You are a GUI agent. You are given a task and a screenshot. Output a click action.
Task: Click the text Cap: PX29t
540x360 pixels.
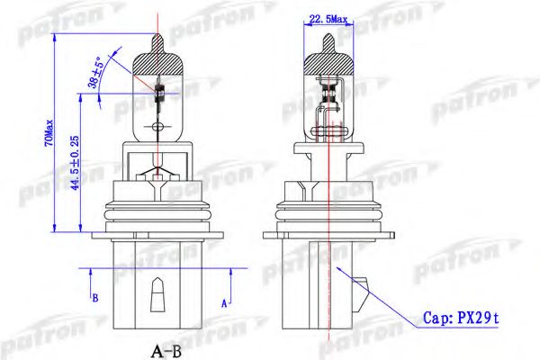tap(460, 318)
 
